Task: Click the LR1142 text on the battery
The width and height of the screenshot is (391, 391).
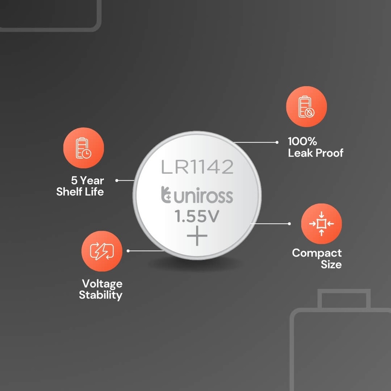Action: [x=197, y=167]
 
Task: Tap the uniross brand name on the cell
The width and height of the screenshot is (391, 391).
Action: [x=203, y=195]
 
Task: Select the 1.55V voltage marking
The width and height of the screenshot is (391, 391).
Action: [x=197, y=216]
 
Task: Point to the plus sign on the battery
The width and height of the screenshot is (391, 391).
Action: [x=197, y=236]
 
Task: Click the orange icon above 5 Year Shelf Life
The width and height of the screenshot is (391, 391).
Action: [x=84, y=148]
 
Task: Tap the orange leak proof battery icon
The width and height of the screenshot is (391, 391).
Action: [x=307, y=107]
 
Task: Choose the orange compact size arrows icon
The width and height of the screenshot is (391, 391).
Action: [x=322, y=224]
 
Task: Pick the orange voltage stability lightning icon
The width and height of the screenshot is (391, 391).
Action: [x=102, y=251]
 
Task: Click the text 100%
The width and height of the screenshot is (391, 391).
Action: [x=302, y=141]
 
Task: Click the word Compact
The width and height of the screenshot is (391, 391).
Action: [x=317, y=253]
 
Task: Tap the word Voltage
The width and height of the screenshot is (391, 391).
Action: [x=102, y=284]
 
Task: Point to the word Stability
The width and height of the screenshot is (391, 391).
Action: [x=100, y=295]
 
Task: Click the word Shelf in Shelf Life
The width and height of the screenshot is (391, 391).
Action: [x=69, y=192]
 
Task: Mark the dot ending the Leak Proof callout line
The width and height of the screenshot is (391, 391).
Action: [x=277, y=142]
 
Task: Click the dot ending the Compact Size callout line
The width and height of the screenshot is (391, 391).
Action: [x=289, y=224]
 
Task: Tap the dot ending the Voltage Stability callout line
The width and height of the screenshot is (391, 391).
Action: [x=128, y=251]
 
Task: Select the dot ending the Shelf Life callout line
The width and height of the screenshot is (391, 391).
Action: [x=117, y=180]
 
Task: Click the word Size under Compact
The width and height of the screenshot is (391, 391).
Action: [x=331, y=264]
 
